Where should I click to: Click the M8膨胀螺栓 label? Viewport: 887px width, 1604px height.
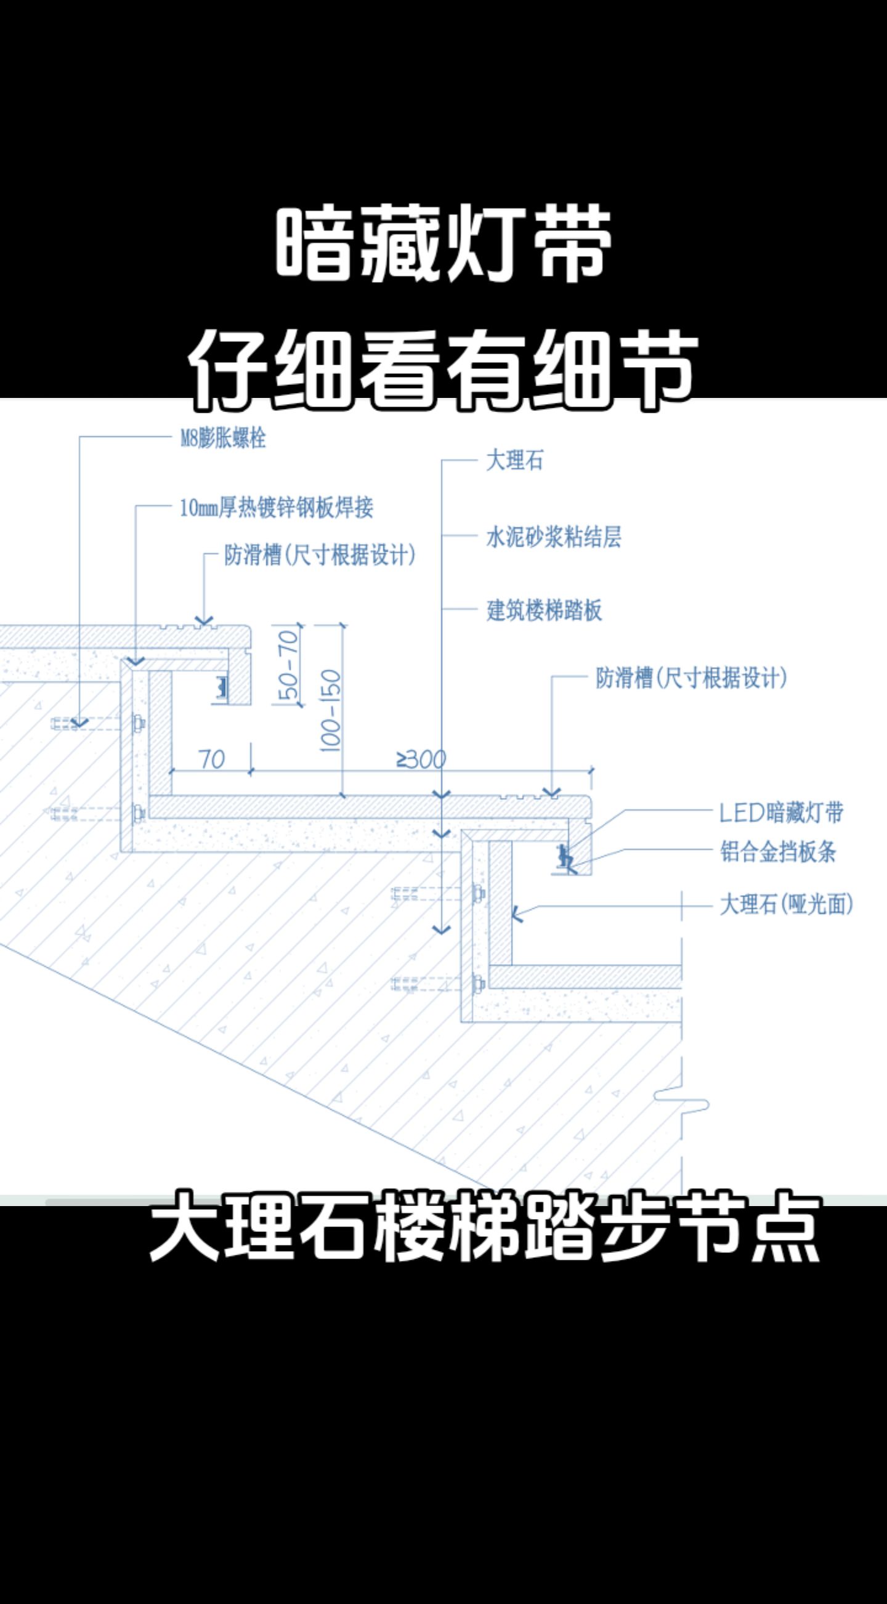pos(223,439)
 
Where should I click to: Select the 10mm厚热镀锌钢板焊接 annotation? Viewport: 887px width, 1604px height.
pos(277,508)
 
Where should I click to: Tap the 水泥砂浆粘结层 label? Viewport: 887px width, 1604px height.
pos(553,537)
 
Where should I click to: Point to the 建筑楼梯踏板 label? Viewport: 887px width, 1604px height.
pos(544,610)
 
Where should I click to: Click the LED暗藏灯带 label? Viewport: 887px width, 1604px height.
pos(781,812)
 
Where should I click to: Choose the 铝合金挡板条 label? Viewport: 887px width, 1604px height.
pos(778,851)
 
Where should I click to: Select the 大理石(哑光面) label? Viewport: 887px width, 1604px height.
pos(786,904)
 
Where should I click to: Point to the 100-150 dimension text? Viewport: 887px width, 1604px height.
pos(331,711)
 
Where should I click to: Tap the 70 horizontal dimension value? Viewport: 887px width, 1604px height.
pos(212,759)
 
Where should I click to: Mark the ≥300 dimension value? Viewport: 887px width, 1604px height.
pos(421,759)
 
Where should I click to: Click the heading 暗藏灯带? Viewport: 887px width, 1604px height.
pos(443,243)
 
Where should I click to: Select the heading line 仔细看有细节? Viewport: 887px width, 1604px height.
pos(442,371)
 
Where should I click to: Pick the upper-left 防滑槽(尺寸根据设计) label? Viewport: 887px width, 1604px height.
pos(319,554)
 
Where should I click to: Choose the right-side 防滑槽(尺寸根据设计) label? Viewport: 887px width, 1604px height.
pos(691,678)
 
